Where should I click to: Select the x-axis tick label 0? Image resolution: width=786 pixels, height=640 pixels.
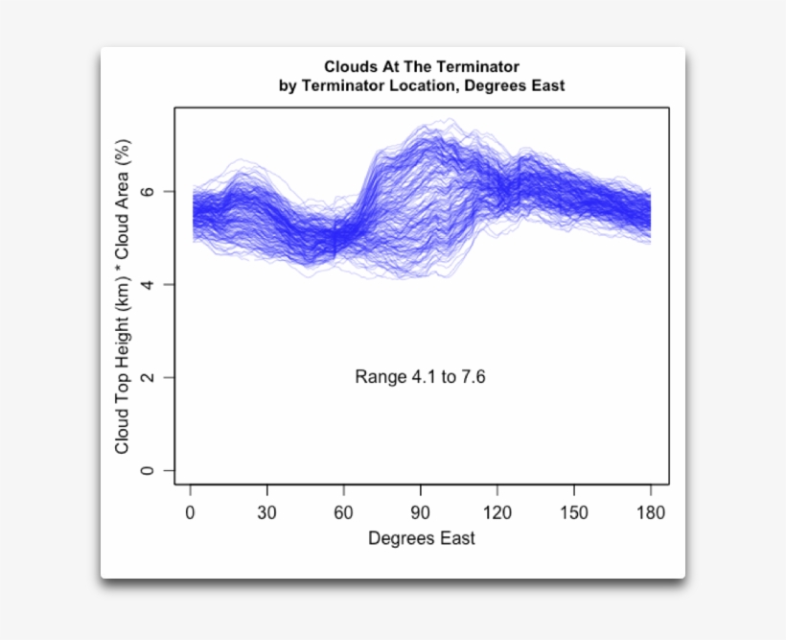pos(191,513)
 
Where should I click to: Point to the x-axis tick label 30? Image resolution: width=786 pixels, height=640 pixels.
pos(266,513)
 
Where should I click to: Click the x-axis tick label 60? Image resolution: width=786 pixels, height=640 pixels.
pos(343,513)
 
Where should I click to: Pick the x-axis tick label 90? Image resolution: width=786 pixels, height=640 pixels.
pos(420,513)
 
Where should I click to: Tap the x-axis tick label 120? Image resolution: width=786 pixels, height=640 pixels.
pos(497,513)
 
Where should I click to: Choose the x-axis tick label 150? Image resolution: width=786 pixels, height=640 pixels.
pos(573,513)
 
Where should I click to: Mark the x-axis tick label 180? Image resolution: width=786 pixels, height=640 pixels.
pos(650,513)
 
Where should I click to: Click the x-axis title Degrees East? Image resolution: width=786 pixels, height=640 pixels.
pos(421,538)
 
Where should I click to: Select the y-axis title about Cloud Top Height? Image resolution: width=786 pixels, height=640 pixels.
pos(122,297)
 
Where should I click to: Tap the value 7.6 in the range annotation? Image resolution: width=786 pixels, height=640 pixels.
pos(474,377)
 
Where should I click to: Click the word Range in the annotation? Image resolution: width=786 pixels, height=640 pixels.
pos(381,377)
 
